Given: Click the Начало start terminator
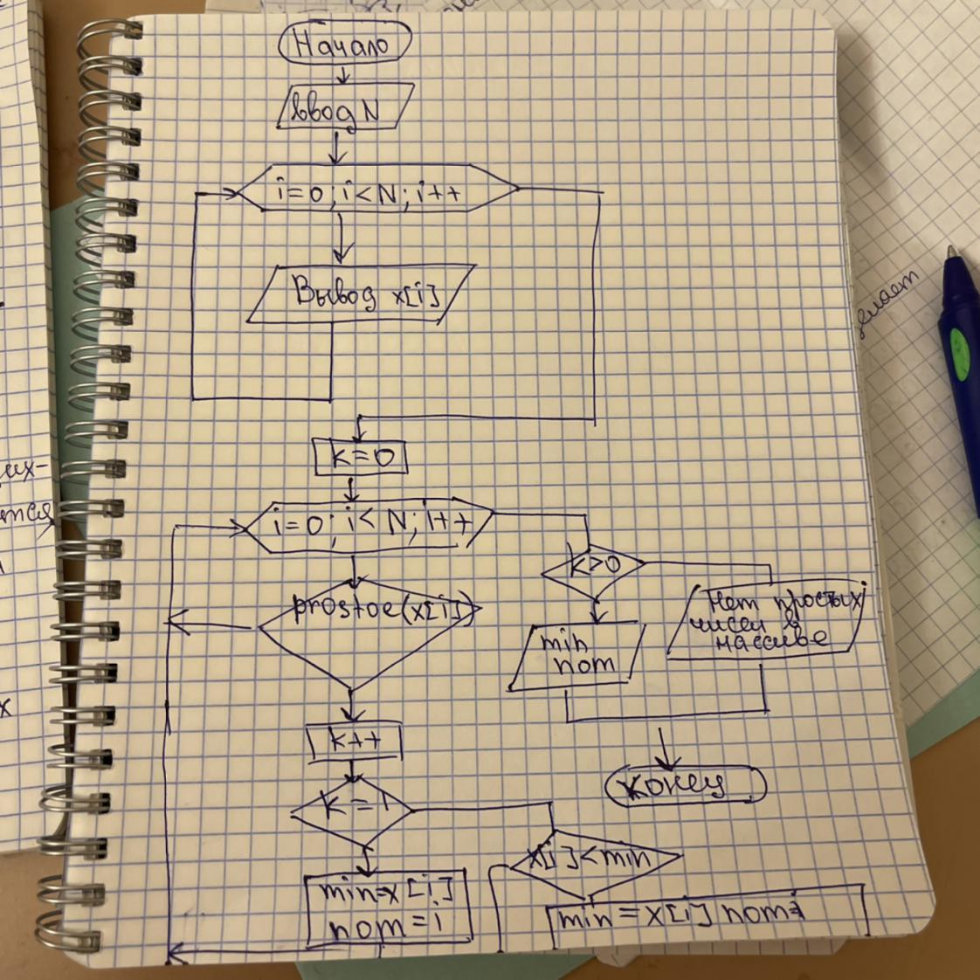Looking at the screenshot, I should point(344,44).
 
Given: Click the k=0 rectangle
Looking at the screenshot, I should point(360,456).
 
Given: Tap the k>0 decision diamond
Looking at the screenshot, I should point(594,568).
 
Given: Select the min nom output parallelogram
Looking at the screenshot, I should point(577,656).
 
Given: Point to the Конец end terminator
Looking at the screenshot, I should point(686,785).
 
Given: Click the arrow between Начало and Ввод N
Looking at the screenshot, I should point(343,77).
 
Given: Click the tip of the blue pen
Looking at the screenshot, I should point(952,252).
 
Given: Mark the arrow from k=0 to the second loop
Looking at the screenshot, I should point(350,487).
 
